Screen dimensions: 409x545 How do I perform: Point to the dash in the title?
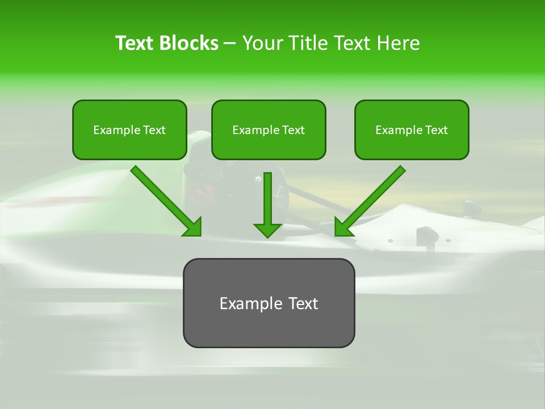(230, 43)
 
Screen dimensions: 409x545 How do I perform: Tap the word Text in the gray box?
(302, 303)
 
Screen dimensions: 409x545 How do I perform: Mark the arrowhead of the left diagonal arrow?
(193, 227)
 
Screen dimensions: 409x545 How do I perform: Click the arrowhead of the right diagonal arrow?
(343, 227)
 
